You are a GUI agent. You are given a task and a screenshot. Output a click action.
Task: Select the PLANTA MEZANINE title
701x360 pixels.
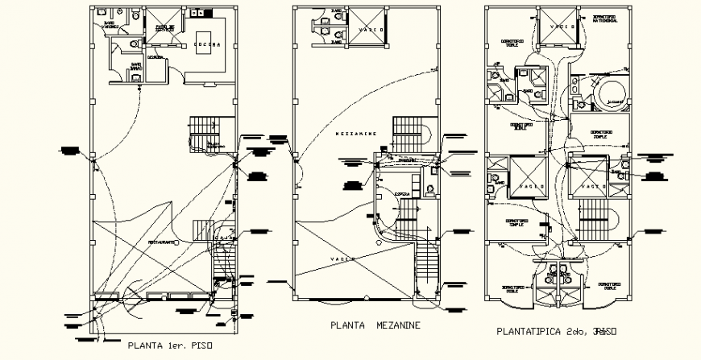click(375, 326)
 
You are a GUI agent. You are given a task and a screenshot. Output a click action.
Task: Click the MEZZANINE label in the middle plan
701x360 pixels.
click(354, 134)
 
